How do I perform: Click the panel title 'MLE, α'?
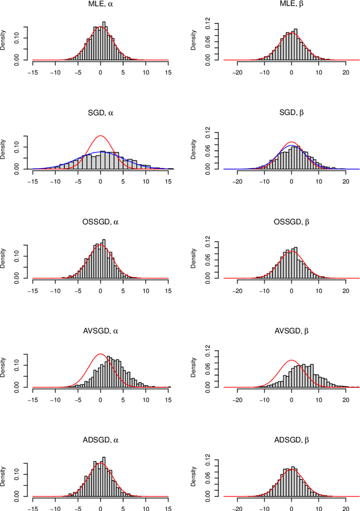[x=100, y=5]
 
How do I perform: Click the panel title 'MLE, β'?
[x=291, y=5]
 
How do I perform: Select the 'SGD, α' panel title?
[x=100, y=113]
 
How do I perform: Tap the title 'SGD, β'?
[x=291, y=113]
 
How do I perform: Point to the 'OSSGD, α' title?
[x=100, y=222]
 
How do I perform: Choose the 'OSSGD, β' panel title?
[x=291, y=222]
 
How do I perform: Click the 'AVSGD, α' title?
[x=100, y=331]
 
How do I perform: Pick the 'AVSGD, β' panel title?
[x=291, y=331]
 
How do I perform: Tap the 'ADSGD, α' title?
[x=100, y=440]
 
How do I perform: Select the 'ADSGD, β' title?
[x=291, y=440]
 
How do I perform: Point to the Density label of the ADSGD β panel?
[x=195, y=478]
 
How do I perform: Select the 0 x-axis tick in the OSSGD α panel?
[x=100, y=290]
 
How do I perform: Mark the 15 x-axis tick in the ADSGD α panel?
[x=168, y=508]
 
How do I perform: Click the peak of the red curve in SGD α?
[x=100, y=136]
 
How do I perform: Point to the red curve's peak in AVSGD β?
[x=291, y=360]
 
